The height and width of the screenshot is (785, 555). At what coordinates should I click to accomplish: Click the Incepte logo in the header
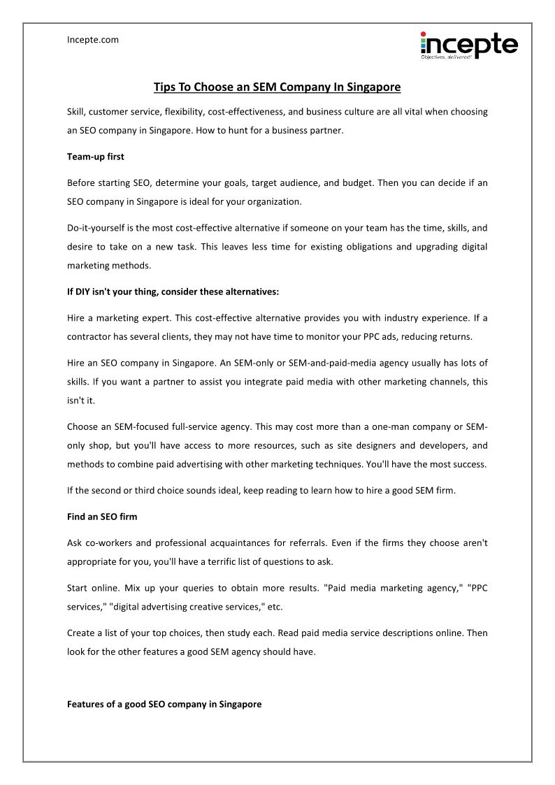click(x=468, y=45)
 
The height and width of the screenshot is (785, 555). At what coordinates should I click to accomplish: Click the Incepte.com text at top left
click(x=93, y=40)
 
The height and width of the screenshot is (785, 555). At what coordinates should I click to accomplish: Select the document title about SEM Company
click(x=277, y=87)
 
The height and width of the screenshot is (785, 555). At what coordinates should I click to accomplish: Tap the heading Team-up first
click(x=95, y=157)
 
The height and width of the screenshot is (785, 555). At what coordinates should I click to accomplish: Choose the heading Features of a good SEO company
click(x=164, y=704)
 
